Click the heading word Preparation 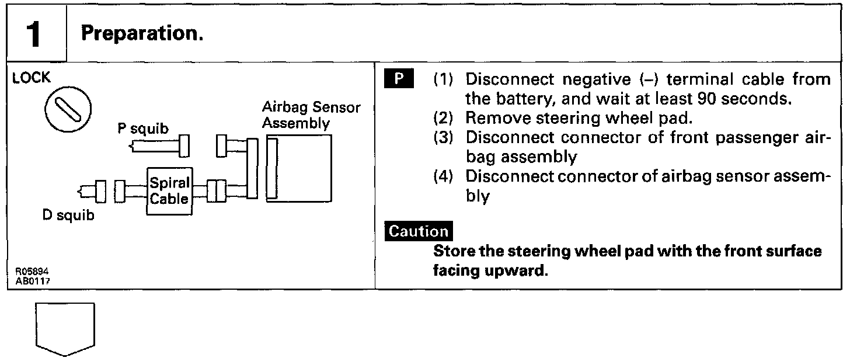coord(142,33)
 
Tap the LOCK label coord(32,78)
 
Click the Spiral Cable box coord(169,189)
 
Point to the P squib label coord(143,129)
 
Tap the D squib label coord(68,216)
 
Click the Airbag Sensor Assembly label coord(311,115)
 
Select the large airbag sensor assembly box coord(299,168)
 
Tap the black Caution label coord(419,231)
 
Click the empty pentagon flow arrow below coord(65,328)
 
